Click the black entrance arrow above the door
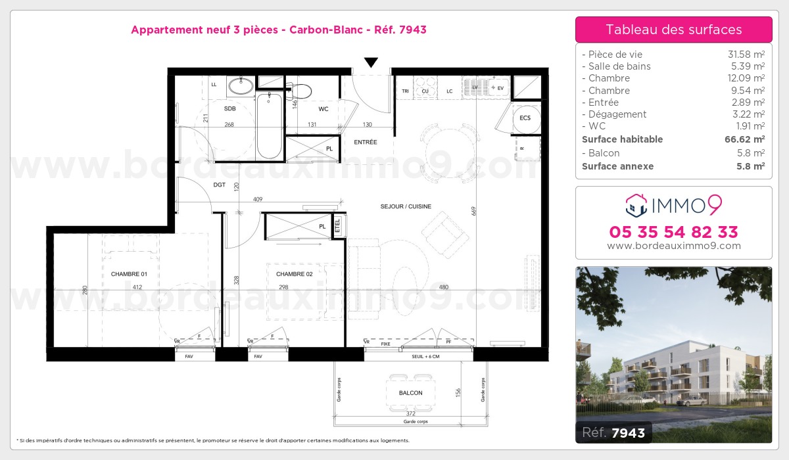click(371, 62)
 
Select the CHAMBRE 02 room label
click(294, 274)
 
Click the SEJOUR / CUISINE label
click(406, 206)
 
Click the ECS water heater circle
click(525, 118)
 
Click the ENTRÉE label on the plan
click(366, 142)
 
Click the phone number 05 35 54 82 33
click(673, 232)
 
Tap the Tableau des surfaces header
click(673, 30)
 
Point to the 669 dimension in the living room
click(473, 210)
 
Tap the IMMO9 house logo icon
click(636, 205)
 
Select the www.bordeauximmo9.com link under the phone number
click(673, 246)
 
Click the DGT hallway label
click(220, 185)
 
